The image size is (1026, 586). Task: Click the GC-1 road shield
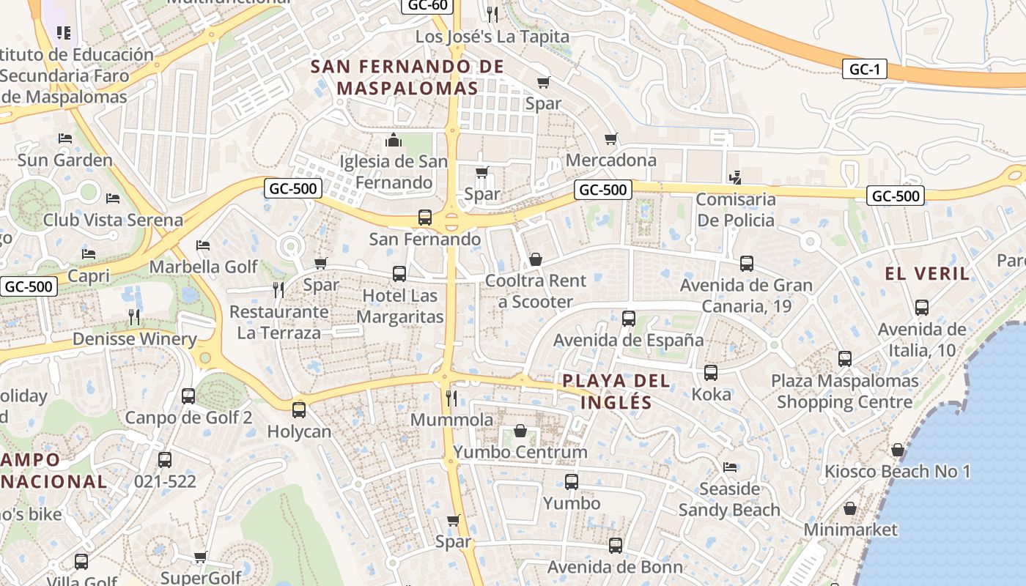(x=865, y=70)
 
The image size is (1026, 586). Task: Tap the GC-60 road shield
(x=428, y=5)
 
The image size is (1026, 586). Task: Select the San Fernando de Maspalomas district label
(x=407, y=77)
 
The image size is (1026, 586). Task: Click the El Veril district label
(x=927, y=274)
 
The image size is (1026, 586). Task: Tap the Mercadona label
(x=611, y=160)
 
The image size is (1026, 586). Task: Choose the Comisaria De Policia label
(x=735, y=209)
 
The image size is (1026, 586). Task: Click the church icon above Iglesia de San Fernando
(x=394, y=139)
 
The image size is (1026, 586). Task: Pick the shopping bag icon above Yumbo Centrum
(x=520, y=431)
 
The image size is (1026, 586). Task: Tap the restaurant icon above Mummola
(x=451, y=398)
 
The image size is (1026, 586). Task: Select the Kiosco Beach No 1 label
(x=898, y=471)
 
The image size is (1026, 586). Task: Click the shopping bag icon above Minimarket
(x=850, y=508)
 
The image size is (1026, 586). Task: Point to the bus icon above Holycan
(x=298, y=410)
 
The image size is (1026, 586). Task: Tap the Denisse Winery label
(x=134, y=339)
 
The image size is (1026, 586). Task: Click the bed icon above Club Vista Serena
(x=112, y=199)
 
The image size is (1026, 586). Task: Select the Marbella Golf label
(x=204, y=267)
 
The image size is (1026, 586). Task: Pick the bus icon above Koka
(x=711, y=373)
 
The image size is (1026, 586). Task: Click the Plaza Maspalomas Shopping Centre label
(x=844, y=391)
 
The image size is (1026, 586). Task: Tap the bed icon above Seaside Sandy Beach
(x=729, y=467)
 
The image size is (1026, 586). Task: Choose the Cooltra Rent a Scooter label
(x=536, y=291)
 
